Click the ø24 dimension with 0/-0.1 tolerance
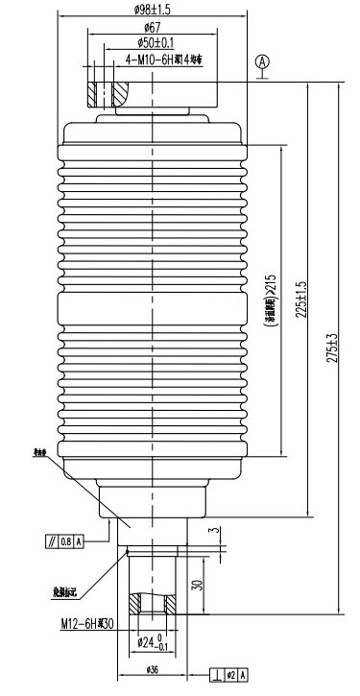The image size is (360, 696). click(x=151, y=642)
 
